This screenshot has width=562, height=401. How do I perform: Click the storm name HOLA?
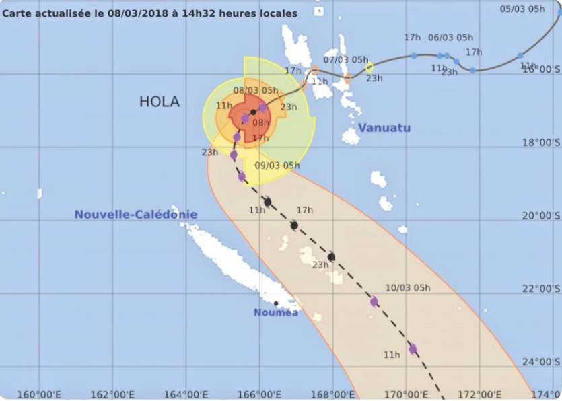click(159, 102)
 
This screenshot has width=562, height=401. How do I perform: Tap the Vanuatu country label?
click(384, 128)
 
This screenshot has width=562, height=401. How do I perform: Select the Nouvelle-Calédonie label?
click(136, 215)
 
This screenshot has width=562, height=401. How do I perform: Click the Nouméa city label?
click(275, 313)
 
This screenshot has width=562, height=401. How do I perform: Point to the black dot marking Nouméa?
click(276, 303)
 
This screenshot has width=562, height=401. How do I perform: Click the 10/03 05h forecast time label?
click(408, 288)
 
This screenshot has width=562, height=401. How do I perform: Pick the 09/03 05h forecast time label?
click(277, 166)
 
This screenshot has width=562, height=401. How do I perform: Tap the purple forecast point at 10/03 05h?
click(374, 302)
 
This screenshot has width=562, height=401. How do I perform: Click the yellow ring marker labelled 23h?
click(369, 67)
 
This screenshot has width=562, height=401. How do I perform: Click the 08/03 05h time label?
click(256, 90)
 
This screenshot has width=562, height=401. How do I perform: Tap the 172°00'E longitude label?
click(479, 394)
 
